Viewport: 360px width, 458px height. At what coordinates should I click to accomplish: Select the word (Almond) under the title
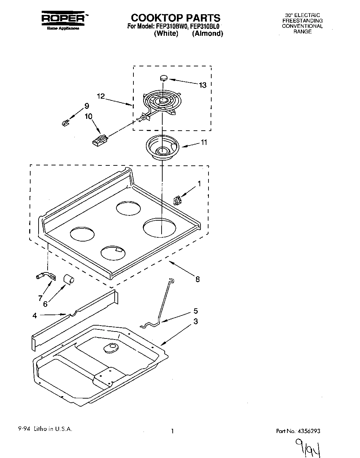[x=207, y=34]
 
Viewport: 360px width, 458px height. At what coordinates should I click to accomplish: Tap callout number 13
[x=202, y=85]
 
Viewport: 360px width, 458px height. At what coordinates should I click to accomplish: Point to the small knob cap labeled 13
[x=164, y=78]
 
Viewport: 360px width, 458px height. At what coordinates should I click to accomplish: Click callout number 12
[x=101, y=97]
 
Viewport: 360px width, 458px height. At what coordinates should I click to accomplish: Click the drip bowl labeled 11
[x=162, y=147]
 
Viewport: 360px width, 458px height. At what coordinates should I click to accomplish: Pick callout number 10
[x=89, y=116]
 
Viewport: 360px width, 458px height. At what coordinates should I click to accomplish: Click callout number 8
[x=197, y=279]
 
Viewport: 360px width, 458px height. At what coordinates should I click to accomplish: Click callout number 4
[x=34, y=316]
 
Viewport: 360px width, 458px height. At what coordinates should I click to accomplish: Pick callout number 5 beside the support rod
[x=196, y=311]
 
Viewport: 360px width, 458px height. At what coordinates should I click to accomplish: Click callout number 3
[x=196, y=321]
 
